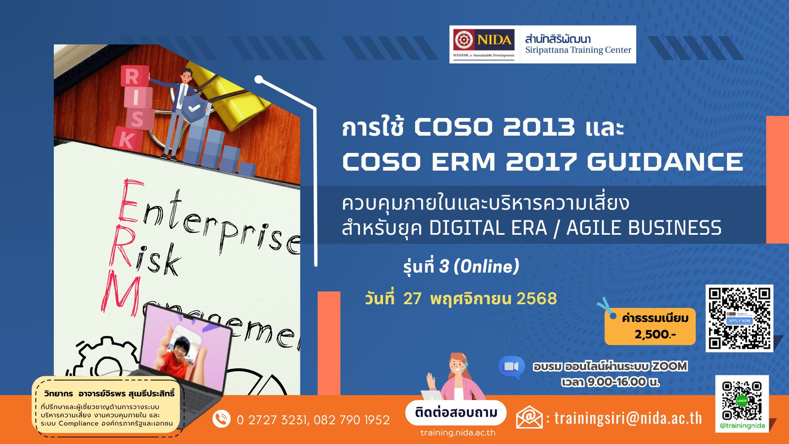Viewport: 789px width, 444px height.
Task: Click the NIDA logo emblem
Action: click(x=464, y=40)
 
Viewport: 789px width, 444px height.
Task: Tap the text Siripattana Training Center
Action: click(x=578, y=50)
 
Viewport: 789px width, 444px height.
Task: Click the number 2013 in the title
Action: click(x=539, y=127)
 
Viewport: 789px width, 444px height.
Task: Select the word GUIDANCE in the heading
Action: click(x=665, y=162)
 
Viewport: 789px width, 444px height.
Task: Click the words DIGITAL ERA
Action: click(x=488, y=228)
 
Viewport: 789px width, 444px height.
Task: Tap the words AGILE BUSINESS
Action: click(x=644, y=228)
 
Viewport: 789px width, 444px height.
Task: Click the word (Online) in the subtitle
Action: click(x=487, y=266)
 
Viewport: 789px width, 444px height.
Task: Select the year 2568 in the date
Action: click(x=537, y=298)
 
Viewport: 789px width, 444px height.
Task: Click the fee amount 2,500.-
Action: click(x=655, y=334)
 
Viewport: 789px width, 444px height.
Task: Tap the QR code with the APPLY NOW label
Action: click(x=739, y=318)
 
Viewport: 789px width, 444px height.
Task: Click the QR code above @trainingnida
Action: click(x=742, y=400)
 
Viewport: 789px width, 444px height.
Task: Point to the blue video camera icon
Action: click(x=511, y=367)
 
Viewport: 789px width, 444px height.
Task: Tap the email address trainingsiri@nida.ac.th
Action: click(x=628, y=419)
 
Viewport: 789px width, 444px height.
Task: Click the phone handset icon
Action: click(x=221, y=419)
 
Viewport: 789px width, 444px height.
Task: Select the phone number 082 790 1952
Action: click(x=352, y=420)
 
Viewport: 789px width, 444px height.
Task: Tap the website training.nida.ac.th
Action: click(x=458, y=432)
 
